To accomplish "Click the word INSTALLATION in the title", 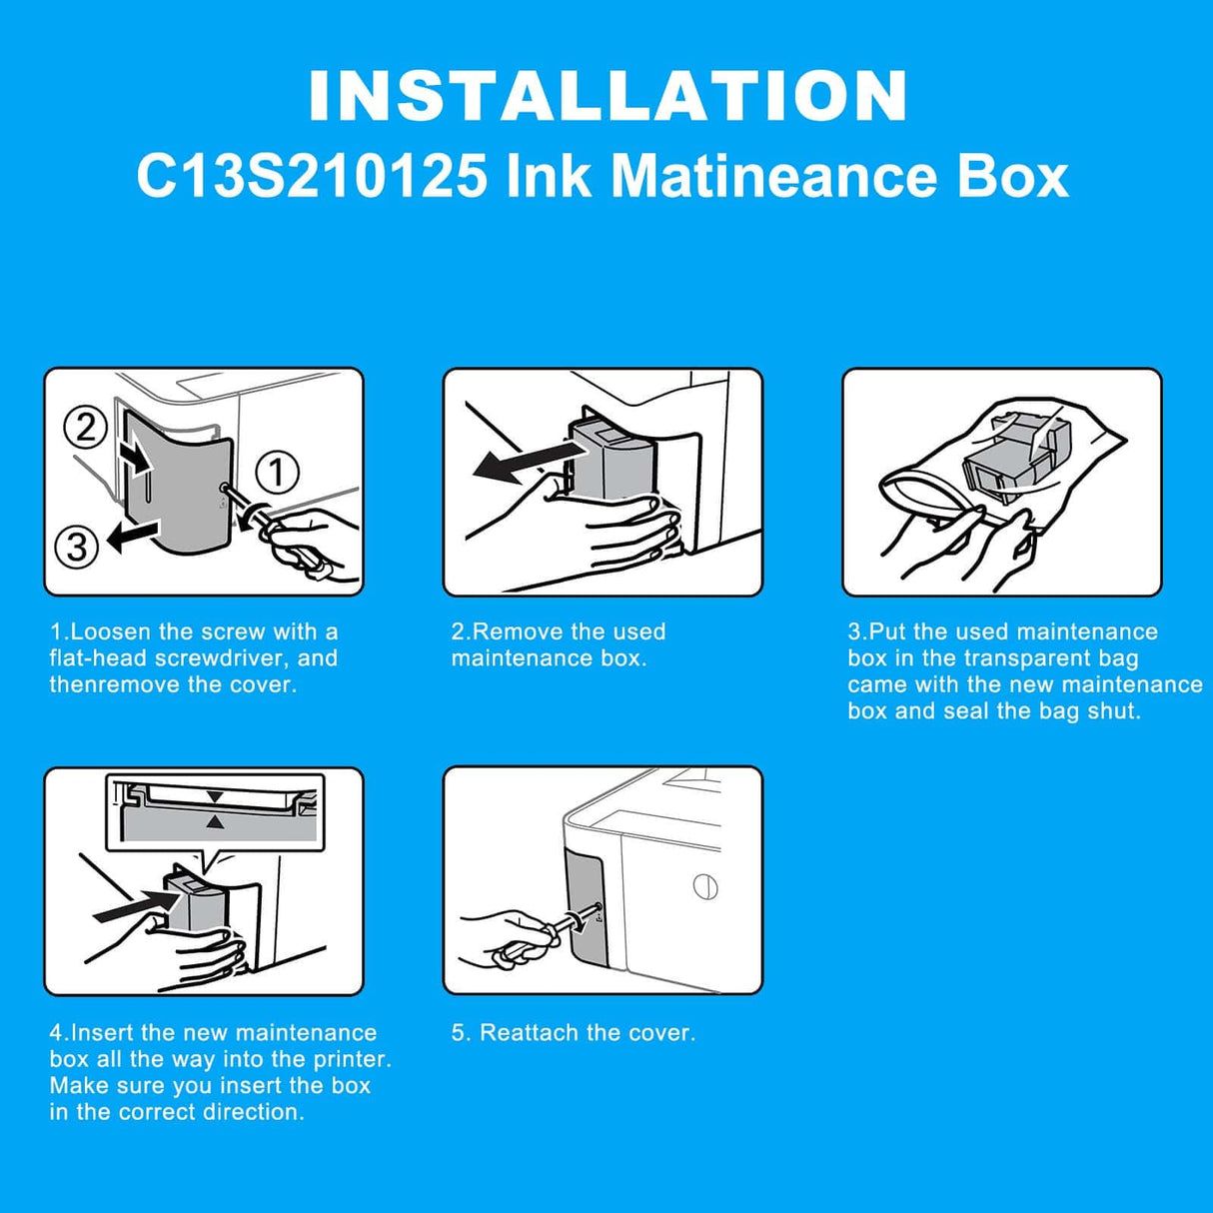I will point(606,96).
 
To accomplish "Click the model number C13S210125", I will point(312,177).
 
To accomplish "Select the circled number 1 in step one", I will point(278,472).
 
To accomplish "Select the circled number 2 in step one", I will point(86,428).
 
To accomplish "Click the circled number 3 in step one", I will point(77,548).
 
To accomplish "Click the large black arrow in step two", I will point(525,460).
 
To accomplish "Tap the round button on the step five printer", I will point(705,887).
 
